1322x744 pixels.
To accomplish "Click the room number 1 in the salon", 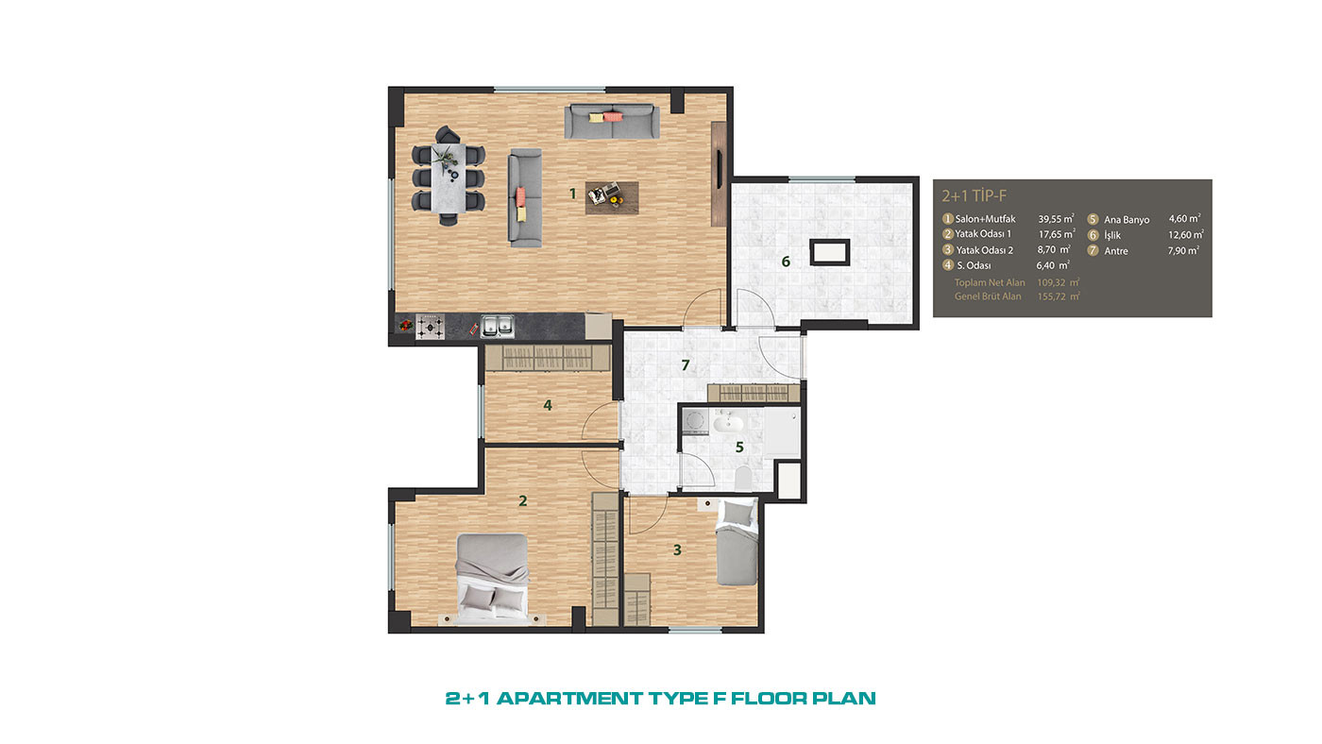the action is pos(572,194).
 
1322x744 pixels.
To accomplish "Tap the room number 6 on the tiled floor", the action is pos(786,262).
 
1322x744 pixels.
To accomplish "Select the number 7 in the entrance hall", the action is pos(686,365).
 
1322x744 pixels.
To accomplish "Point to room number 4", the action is pos(548,405).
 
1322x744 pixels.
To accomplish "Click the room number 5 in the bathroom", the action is pos(739,448).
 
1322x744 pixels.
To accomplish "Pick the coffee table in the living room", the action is pos(612,197).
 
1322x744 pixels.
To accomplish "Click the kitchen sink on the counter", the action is pos(497,326).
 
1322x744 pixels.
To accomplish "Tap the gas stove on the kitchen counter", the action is pos(431,327).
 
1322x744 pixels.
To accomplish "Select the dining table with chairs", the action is pos(449,176).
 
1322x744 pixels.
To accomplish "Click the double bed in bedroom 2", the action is pos(492,579).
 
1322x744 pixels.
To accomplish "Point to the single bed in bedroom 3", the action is pos(737,542).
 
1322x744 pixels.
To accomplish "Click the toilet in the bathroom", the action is pos(744,478).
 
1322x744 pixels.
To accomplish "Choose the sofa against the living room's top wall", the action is pos(612,122).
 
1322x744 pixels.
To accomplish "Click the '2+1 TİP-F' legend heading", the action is pos(974,195).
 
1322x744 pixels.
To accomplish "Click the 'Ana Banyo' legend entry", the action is pos(1127,220).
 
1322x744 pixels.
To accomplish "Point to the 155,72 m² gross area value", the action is pos(1059,296).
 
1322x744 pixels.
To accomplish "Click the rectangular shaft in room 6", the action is pos(830,252).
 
